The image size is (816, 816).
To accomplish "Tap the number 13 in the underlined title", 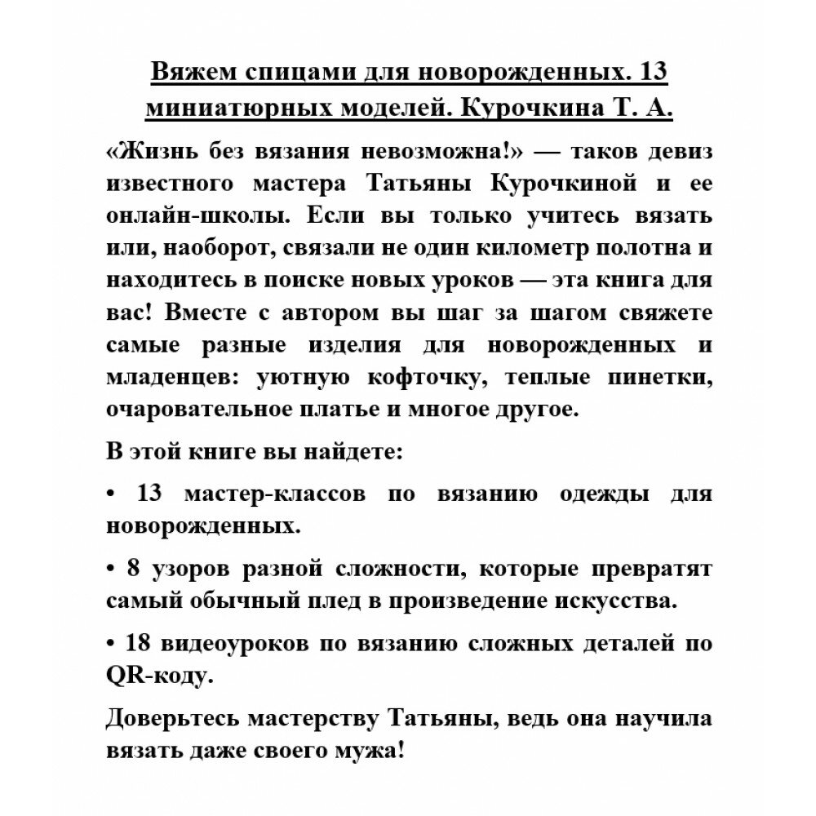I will pos(651,73).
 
